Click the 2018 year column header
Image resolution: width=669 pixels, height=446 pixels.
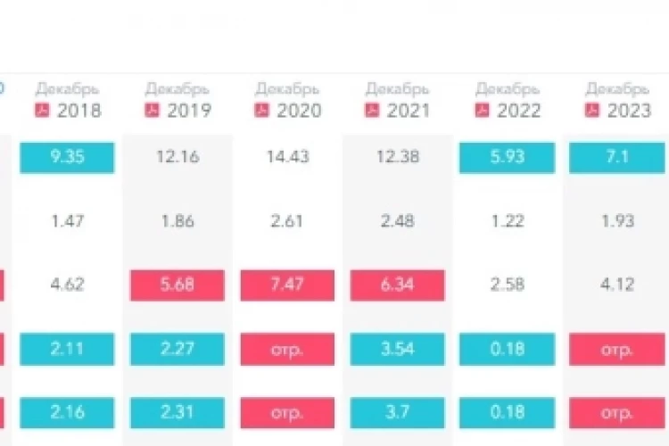click(x=79, y=111)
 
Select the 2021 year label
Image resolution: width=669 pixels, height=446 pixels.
click(x=409, y=111)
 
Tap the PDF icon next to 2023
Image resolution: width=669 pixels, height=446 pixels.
click(x=591, y=110)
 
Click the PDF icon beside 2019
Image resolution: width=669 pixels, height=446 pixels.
click(x=152, y=110)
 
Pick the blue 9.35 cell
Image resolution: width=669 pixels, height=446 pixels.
click(x=67, y=158)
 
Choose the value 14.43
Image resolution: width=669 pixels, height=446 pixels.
click(x=287, y=157)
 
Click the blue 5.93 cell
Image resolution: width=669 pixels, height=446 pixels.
click(x=507, y=158)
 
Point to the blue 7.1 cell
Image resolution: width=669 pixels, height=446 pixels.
click(x=617, y=158)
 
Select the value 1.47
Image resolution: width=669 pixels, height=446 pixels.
click(x=68, y=221)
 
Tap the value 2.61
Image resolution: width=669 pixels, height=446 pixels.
click(x=287, y=221)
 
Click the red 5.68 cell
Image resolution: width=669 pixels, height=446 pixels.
click(x=178, y=285)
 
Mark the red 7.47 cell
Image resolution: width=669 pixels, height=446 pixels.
click(x=287, y=285)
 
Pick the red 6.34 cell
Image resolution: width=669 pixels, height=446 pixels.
click(x=397, y=285)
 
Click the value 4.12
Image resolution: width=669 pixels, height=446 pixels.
click(x=617, y=285)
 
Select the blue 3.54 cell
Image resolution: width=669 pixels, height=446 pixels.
click(x=397, y=349)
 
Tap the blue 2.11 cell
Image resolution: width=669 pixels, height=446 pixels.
click(x=67, y=349)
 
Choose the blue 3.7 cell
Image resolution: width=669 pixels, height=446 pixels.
click(x=397, y=413)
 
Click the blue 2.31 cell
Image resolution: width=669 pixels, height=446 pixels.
click(x=178, y=413)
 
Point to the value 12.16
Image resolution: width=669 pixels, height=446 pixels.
click(x=178, y=157)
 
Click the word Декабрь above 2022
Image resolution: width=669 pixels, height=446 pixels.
click(x=508, y=89)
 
